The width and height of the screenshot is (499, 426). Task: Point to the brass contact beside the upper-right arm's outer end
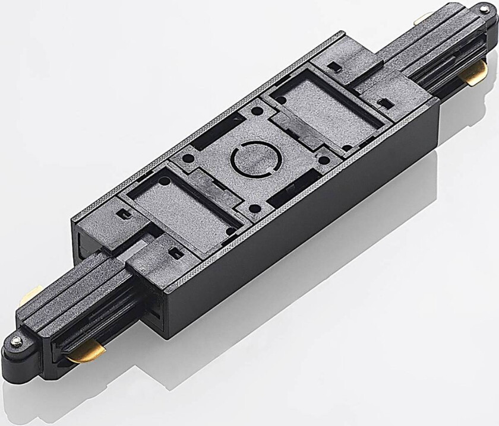475,74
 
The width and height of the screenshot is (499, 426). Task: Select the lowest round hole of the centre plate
254,209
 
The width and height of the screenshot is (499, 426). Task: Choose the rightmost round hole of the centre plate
323,160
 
